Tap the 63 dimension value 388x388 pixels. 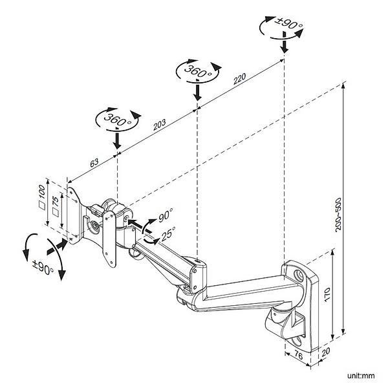click(x=94, y=164)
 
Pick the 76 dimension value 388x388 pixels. click(x=299, y=356)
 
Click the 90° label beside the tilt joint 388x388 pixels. click(x=167, y=214)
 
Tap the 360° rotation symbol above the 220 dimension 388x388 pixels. click(x=197, y=70)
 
